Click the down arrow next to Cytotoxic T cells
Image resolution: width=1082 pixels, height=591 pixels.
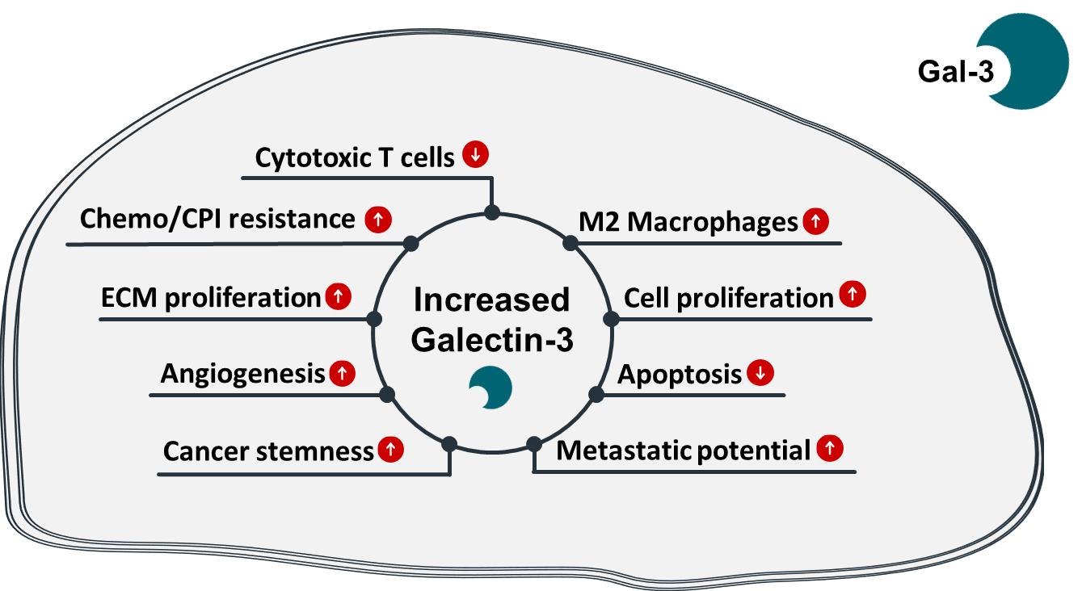coord(476,154)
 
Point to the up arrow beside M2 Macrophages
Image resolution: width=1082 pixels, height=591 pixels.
coord(816,220)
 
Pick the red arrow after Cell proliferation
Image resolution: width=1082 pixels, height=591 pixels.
coord(852,295)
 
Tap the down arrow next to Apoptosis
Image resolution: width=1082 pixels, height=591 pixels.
coord(760,373)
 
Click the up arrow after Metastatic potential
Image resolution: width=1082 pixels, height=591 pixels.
coord(829,448)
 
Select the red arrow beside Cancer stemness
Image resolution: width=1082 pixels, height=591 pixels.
coord(390,450)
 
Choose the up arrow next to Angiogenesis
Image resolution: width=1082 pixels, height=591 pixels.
coord(343,373)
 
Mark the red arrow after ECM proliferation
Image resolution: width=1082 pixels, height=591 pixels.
coord(338,296)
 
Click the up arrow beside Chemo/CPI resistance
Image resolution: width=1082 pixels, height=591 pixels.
coord(377,219)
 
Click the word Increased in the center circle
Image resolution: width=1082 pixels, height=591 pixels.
coord(491,300)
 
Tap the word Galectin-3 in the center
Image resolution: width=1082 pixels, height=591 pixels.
coord(492,340)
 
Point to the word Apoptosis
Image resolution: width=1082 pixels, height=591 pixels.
coord(680,375)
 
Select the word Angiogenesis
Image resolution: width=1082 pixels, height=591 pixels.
coord(242,375)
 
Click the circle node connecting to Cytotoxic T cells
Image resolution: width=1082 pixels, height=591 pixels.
coord(491,213)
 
